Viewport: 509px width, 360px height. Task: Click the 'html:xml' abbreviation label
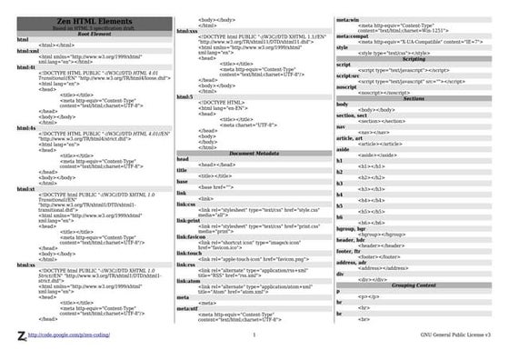[26, 51]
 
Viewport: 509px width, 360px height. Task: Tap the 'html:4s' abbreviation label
[25, 130]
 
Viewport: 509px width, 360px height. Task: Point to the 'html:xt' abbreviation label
[25, 189]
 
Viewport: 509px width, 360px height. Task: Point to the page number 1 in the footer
[254, 335]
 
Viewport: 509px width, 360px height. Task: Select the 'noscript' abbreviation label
[347, 86]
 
